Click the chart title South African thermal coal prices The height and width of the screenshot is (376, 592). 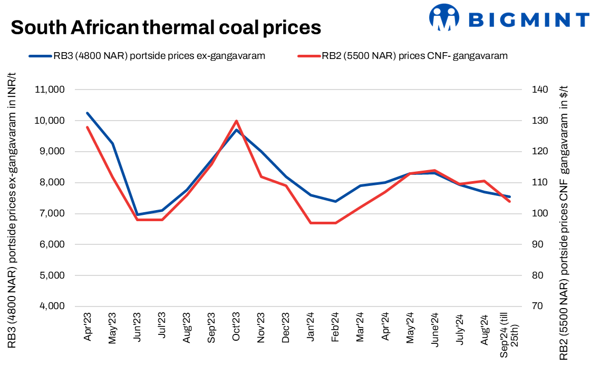(166, 27)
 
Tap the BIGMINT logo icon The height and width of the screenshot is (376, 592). (445, 17)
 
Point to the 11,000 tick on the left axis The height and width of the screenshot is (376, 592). (49, 90)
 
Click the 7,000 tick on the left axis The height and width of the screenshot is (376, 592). (51, 214)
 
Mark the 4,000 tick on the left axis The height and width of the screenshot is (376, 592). (51, 306)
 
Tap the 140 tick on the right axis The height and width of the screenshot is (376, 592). (539, 90)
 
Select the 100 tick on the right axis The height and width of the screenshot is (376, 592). (539, 214)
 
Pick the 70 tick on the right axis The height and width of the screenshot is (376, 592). (537, 306)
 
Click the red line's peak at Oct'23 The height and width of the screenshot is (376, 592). (237, 121)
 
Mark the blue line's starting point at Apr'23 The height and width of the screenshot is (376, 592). (88, 113)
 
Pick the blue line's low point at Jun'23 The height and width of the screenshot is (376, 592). (137, 215)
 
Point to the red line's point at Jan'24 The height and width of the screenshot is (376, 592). (311, 223)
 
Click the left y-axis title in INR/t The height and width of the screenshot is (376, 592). (12, 211)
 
